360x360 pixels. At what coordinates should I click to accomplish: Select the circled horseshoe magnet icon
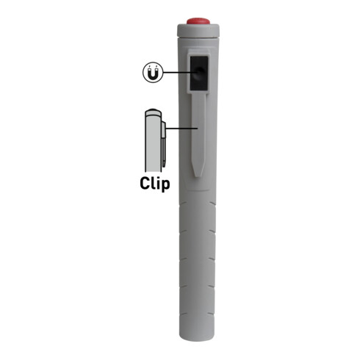point(151,73)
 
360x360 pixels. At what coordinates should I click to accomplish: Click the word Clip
point(155,183)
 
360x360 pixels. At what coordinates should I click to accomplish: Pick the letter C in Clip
point(145,183)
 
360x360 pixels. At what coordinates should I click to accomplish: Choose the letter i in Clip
point(159,182)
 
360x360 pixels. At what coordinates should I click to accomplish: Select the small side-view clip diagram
point(152,140)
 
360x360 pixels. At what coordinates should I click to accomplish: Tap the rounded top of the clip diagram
point(151,112)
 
